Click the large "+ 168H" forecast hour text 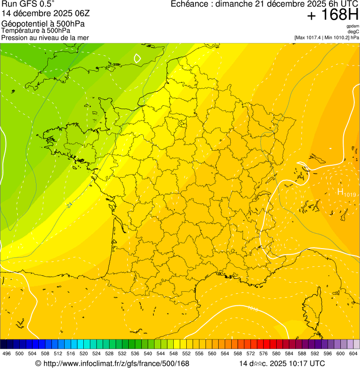[333, 15]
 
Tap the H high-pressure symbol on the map [340, 191]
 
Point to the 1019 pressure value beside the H [350, 194]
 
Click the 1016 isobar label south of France [253, 309]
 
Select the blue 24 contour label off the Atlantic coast [70, 205]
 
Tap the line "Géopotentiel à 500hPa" [38, 23]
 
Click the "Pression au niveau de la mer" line [45, 37]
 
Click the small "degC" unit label [353, 31]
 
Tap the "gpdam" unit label [353, 26]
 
